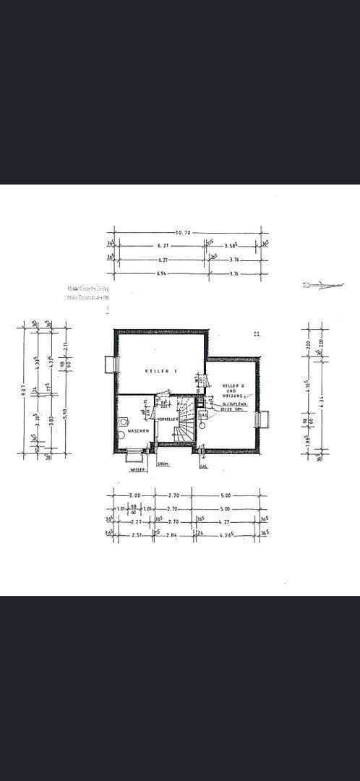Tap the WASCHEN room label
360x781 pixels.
click(138, 431)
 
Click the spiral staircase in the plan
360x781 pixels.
click(187, 423)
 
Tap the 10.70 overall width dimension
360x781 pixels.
click(183, 233)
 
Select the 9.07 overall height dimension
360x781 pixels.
click(24, 390)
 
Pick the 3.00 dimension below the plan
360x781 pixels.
click(134, 495)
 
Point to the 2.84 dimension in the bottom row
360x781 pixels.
click(172, 535)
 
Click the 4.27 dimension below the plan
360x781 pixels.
click(226, 521)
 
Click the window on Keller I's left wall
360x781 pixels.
click(110, 364)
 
